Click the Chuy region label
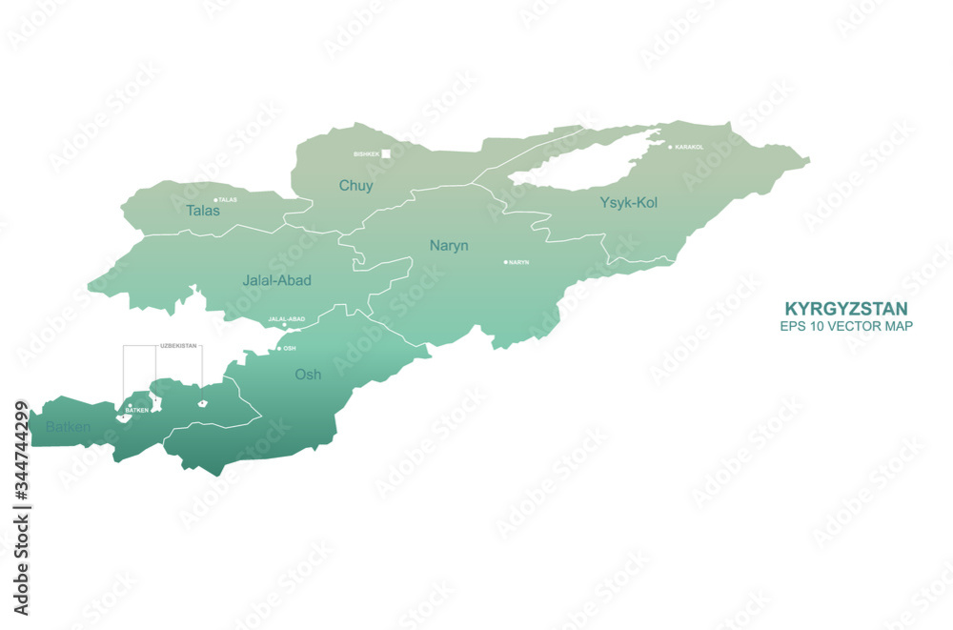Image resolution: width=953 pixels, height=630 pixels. coord(355,186)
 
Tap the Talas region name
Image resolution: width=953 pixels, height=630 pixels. coord(203,210)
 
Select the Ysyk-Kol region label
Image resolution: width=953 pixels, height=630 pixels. coord(628,202)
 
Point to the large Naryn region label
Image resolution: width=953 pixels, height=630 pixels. coord(449,245)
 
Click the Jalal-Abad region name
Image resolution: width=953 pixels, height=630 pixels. coord(276,280)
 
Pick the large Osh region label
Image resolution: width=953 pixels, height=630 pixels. coord(308,375)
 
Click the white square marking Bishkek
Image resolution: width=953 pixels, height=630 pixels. coord(386,152)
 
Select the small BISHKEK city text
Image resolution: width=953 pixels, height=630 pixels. coord(366,153)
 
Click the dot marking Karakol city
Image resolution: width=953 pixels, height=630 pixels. coord(670,147)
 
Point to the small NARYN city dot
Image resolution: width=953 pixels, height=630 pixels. coord(506,262)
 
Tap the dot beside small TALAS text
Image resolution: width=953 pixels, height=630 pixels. coord(215,200)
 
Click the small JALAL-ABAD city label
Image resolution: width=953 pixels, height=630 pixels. coord(286,319)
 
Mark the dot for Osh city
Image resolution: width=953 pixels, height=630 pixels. coord(279,349)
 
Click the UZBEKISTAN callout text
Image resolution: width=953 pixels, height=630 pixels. coord(179,346)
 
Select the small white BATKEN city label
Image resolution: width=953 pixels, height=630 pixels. coord(136,411)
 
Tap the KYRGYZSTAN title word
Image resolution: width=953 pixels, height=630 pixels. coord(845,309)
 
